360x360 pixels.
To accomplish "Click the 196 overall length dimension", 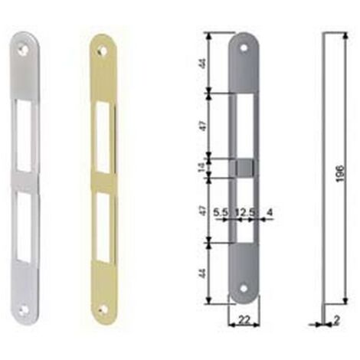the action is click(x=340, y=174).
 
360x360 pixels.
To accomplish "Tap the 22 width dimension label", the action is click(x=244, y=319).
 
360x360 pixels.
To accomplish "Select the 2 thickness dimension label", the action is click(x=337, y=320).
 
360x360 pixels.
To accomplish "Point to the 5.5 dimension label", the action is click(x=221, y=212).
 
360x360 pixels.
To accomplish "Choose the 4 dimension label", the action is click(x=270, y=212).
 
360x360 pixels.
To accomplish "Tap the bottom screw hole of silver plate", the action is click(x=25, y=309).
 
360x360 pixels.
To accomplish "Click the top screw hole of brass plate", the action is click(x=103, y=51).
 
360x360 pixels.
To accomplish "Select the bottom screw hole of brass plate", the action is click(x=103, y=309).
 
